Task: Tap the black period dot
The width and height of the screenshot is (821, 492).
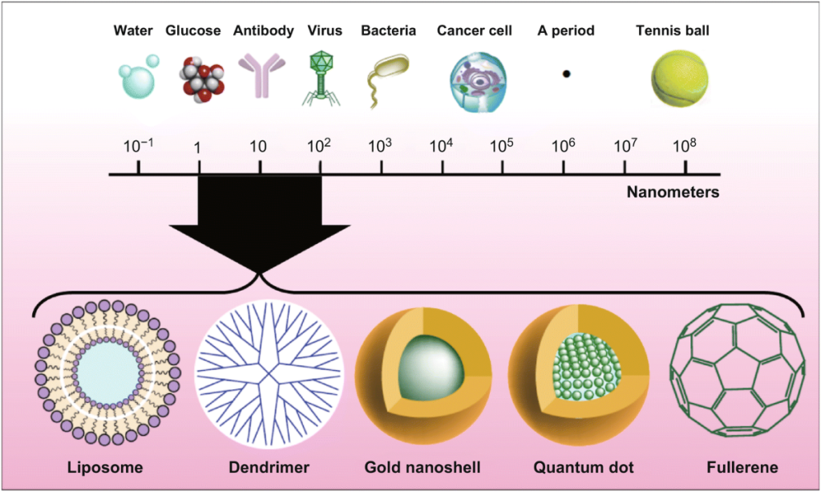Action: pyautogui.click(x=566, y=74)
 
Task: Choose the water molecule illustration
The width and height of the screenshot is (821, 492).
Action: pyautogui.click(x=137, y=78)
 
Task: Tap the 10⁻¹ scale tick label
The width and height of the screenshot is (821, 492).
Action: pyautogui.click(x=139, y=146)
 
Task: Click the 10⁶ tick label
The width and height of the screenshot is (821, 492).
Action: pyautogui.click(x=564, y=146)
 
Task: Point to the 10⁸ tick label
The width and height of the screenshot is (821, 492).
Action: pyautogui.click(x=685, y=146)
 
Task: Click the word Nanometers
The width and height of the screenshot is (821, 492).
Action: pyautogui.click(x=673, y=193)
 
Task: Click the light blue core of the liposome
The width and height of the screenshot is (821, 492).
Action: pyautogui.click(x=105, y=372)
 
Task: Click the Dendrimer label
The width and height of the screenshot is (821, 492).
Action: pyautogui.click(x=268, y=467)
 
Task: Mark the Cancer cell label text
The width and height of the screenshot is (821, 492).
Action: pyautogui.click(x=475, y=31)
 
